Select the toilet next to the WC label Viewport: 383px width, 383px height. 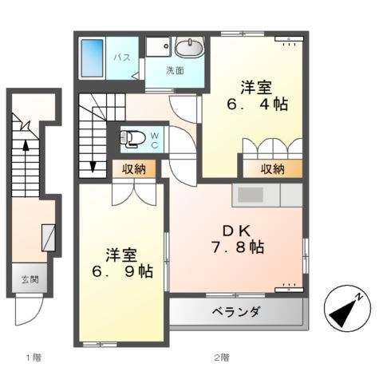pyautogui.click(x=131, y=138)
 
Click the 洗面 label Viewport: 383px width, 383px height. pyautogui.click(x=175, y=71)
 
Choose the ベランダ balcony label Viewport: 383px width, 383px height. pyautogui.click(x=235, y=312)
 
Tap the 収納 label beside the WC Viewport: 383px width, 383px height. pyautogui.click(x=134, y=168)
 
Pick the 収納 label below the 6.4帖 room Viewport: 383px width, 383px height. pyautogui.click(x=273, y=168)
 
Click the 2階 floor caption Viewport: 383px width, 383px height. pyautogui.click(x=222, y=357)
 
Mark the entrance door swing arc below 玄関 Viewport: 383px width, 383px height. pyautogui.click(x=24, y=314)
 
